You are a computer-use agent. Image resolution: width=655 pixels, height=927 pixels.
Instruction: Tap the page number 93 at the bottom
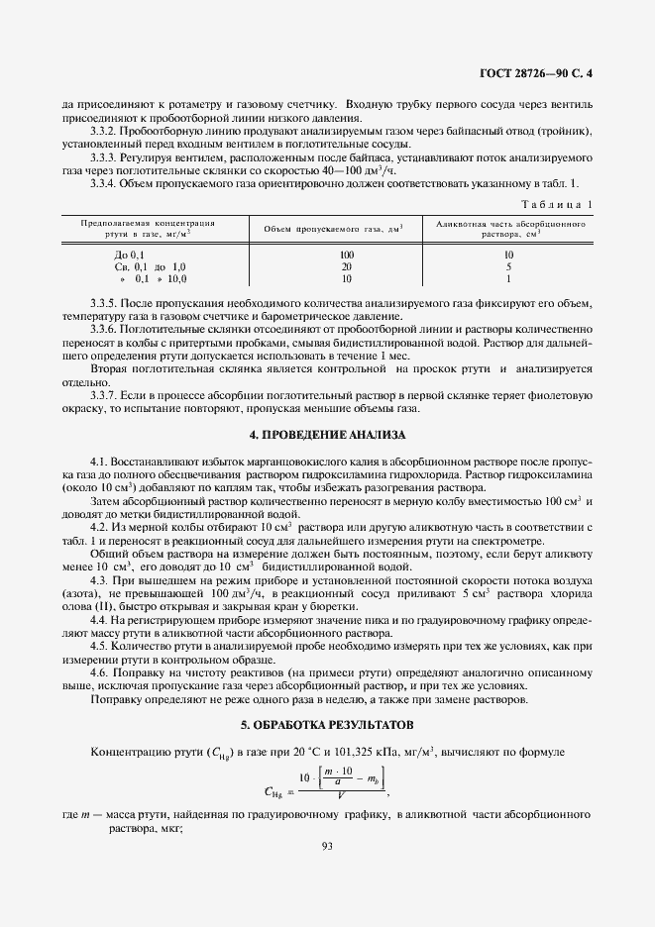tap(327, 844)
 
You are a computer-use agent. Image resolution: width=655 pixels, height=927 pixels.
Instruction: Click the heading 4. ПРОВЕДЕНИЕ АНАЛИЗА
tap(327, 435)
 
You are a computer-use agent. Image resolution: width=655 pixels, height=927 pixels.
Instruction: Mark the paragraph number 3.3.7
tap(104, 395)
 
